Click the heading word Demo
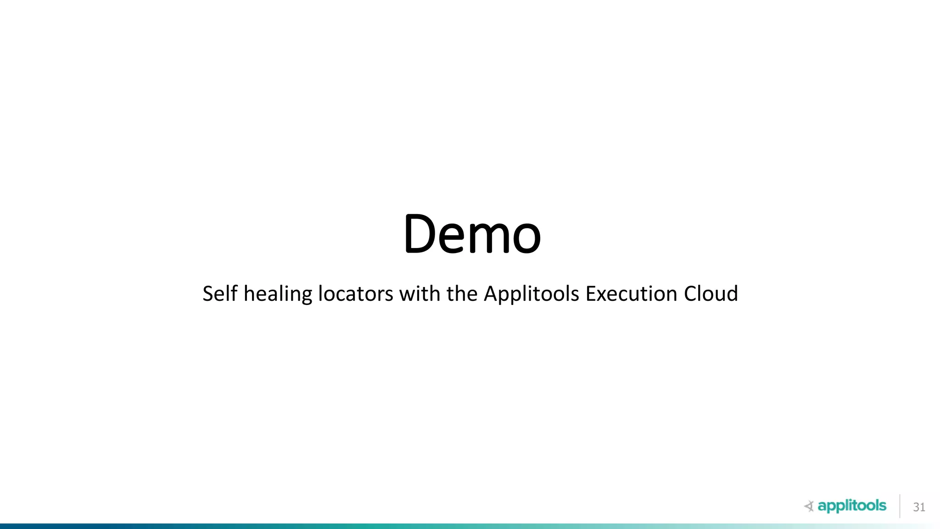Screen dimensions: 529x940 point(472,234)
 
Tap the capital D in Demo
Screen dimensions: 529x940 point(420,234)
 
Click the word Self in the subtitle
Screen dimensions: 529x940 point(220,293)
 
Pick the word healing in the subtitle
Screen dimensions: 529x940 point(278,294)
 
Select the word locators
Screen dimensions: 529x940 point(356,294)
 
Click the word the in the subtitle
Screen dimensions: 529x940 point(462,293)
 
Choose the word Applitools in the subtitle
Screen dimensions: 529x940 point(532,294)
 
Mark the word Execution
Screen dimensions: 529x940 point(631,293)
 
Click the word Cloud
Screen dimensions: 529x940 point(711,293)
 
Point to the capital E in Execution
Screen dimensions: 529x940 point(590,293)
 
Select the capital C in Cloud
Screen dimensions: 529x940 point(690,293)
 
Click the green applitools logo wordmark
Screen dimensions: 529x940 point(852,506)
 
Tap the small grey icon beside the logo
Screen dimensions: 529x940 point(809,506)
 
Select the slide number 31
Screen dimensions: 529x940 point(919,507)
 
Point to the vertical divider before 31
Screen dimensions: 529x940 point(900,506)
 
